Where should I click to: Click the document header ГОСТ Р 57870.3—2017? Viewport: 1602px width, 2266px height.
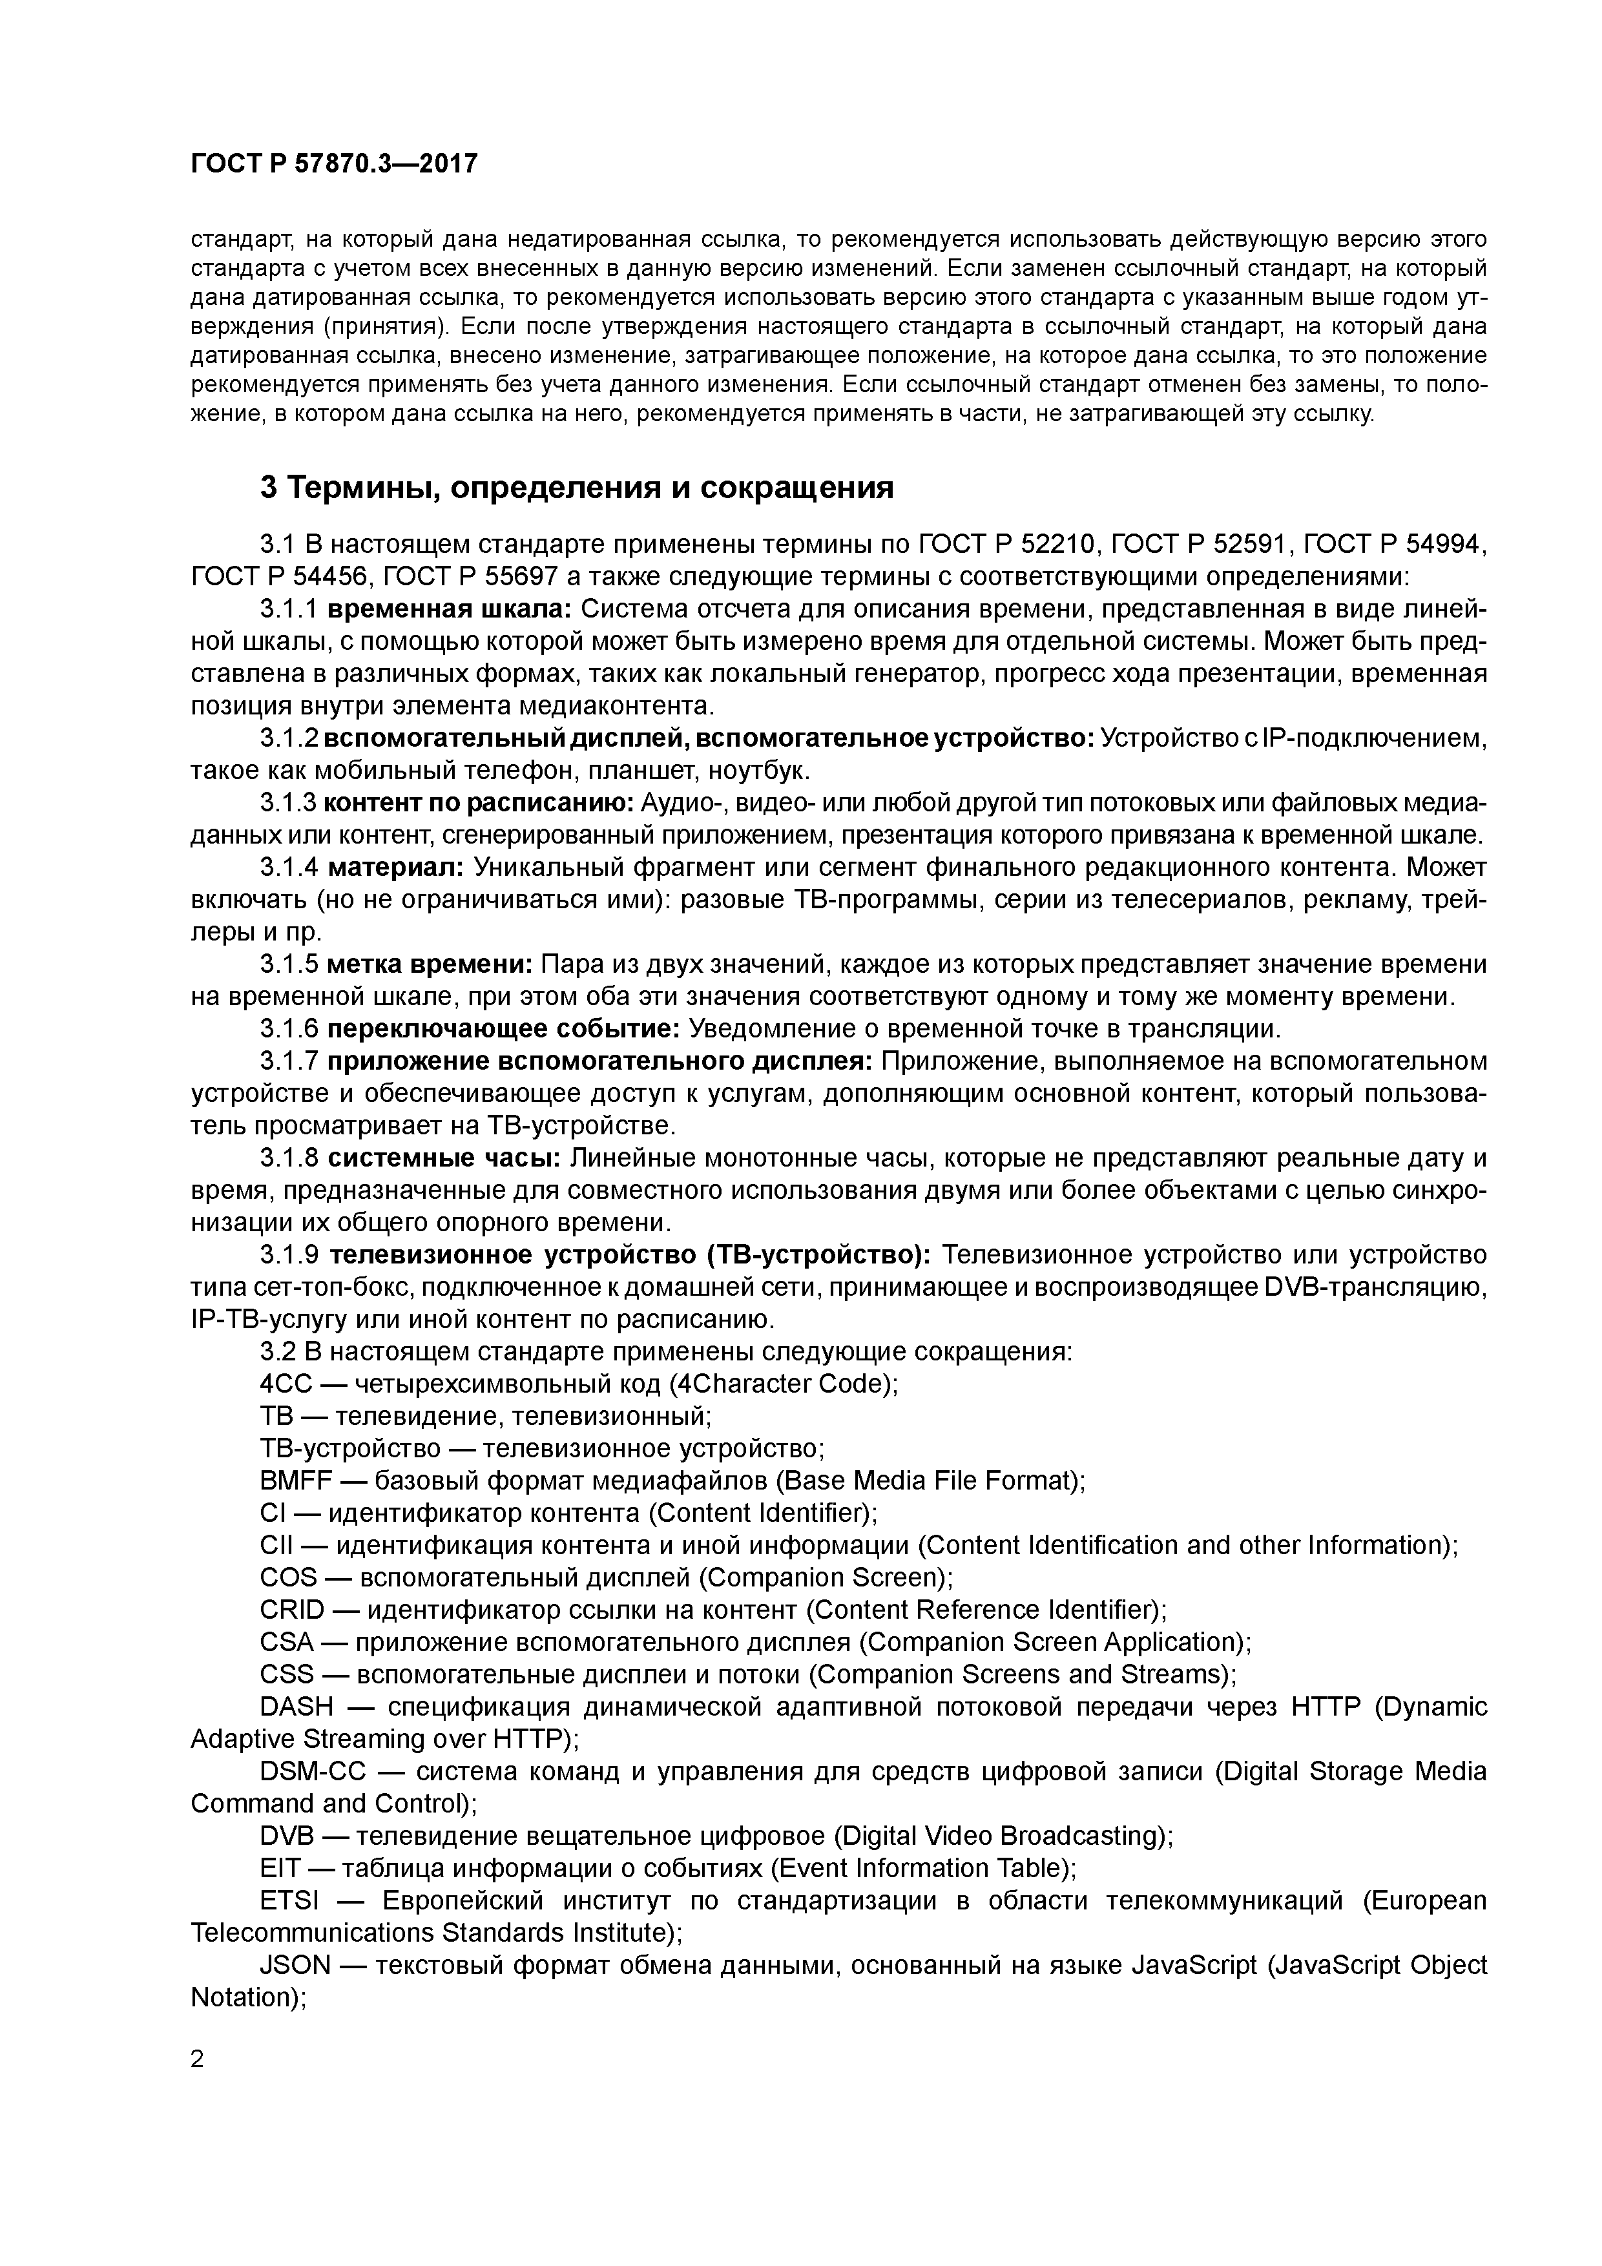pos(333,164)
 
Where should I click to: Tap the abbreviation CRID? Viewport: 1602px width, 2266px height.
pos(292,1610)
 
